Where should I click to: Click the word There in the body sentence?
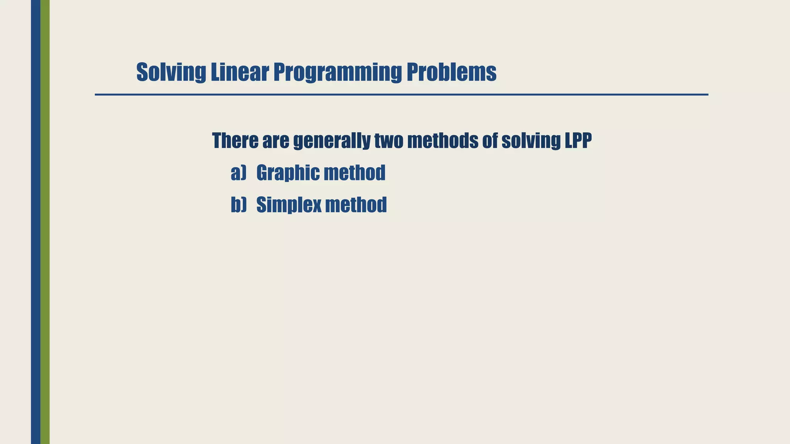(x=235, y=141)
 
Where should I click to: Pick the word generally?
(x=331, y=141)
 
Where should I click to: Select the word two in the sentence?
(x=388, y=141)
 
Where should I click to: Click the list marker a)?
(x=238, y=173)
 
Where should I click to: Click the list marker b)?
(x=238, y=205)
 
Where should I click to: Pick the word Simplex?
(x=289, y=205)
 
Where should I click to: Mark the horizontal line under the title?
(x=401, y=94)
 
